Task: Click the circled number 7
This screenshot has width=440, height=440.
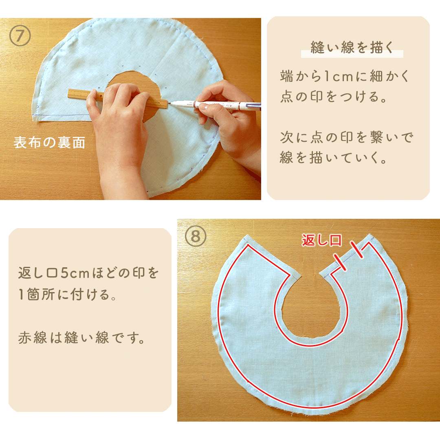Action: [20, 35]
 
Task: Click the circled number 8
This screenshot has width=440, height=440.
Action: [196, 236]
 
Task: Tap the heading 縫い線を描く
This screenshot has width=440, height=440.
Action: [352, 47]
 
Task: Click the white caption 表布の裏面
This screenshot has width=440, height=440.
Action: [49, 143]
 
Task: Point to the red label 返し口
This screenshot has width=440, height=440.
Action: [321, 240]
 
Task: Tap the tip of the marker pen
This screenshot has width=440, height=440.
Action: [169, 103]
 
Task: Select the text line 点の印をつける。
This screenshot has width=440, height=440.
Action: [334, 97]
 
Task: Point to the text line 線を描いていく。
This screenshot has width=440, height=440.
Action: [334, 158]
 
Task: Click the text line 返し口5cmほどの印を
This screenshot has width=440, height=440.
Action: [88, 273]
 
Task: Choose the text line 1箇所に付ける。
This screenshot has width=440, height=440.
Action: [67, 295]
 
